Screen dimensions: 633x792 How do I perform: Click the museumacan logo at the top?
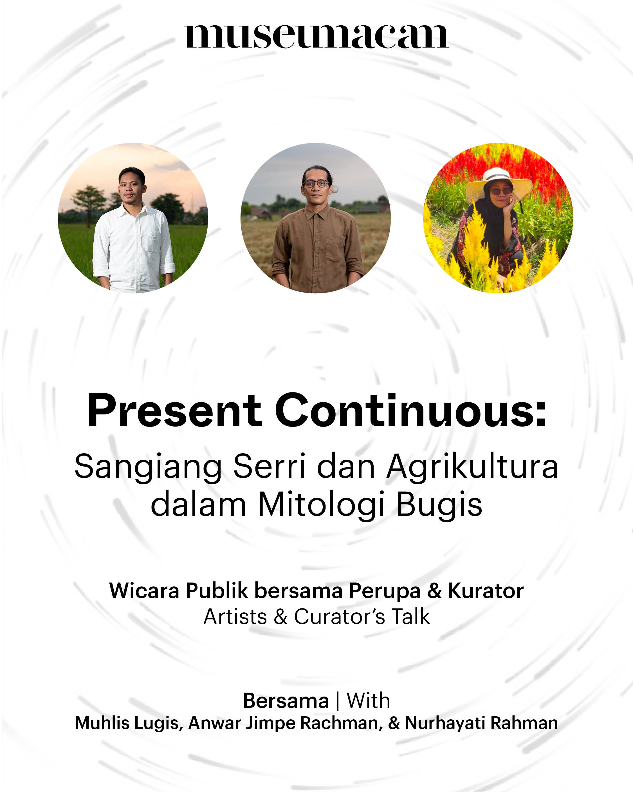(316, 36)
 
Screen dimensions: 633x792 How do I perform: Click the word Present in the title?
(174, 411)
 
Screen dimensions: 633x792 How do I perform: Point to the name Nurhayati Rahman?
(481, 723)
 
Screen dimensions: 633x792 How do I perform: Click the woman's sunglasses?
(500, 191)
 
